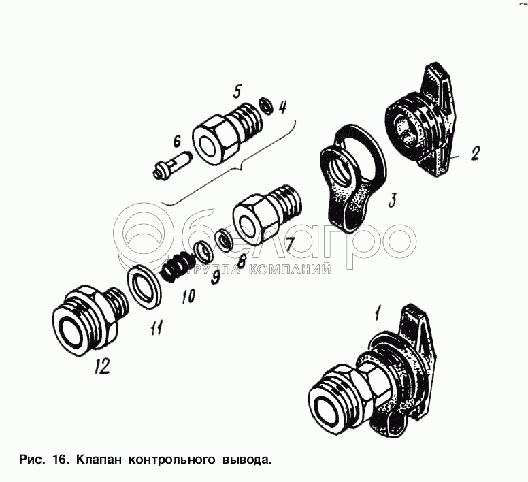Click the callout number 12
point(102,366)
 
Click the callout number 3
point(392,200)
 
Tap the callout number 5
point(237,91)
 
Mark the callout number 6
point(176,141)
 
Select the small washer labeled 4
point(265,106)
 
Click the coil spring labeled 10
point(178,266)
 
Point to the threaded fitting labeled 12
point(90,321)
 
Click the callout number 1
point(378,313)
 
